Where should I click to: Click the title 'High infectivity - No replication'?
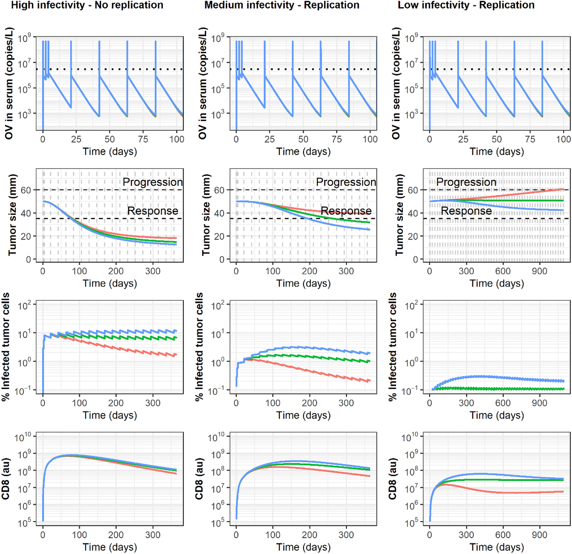[87, 5]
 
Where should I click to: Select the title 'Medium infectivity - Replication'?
[282, 5]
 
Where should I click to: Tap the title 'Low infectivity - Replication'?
[466, 5]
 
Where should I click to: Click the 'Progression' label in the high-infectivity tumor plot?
[153, 182]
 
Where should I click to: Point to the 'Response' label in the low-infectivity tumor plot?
[466, 211]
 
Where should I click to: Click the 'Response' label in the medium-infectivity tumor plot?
[346, 211]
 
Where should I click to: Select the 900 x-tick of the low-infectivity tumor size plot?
[539, 271]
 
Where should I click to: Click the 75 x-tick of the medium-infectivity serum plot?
[337, 139]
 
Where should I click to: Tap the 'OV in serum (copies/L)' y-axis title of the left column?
[9, 83]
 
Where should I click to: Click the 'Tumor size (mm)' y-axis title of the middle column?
[206, 215]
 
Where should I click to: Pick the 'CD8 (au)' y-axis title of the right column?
[392, 478]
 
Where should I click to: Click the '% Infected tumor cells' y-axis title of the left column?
[6, 347]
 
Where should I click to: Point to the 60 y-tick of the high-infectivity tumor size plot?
[26, 190]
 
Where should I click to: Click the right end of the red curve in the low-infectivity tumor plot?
[563, 189]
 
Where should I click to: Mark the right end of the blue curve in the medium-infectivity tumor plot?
[370, 230]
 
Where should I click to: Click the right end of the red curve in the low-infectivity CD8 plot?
[563, 492]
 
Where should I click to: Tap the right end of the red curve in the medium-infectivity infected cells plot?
[370, 381]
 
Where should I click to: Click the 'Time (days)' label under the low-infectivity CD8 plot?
[497, 547]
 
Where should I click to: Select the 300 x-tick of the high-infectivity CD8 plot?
[153, 535]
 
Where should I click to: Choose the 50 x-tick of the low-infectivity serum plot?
[497, 139]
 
